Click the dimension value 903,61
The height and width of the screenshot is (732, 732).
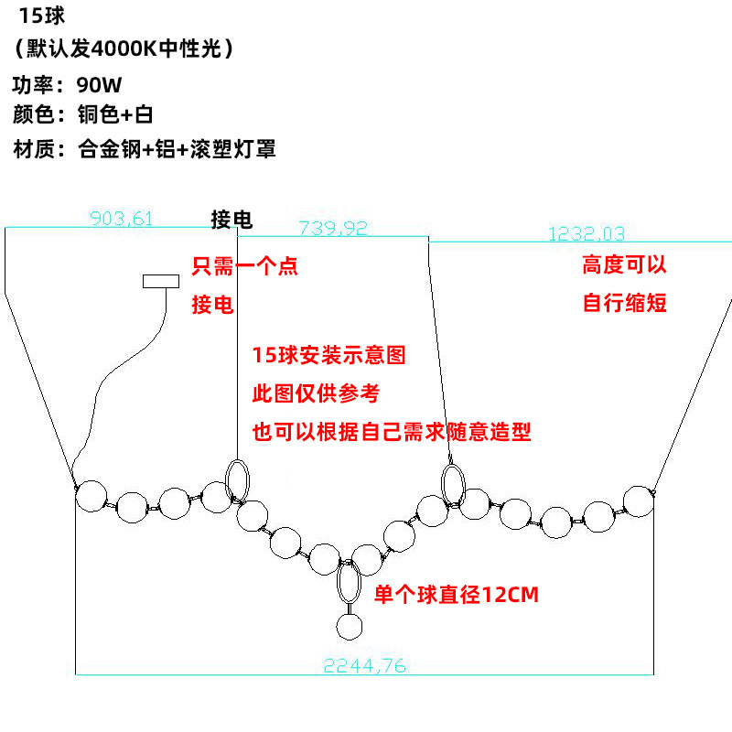[121, 218]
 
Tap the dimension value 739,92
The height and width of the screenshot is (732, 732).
[333, 228]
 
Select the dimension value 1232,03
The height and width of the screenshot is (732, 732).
[587, 233]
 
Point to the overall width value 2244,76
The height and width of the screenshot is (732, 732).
[364, 666]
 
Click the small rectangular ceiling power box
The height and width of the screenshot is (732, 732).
[161, 281]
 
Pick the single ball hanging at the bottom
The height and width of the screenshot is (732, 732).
[350, 626]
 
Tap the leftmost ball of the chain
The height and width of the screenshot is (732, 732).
[91, 496]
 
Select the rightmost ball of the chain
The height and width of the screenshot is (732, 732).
[639, 501]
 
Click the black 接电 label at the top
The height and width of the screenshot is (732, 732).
[231, 220]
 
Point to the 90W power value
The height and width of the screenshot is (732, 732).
[99, 85]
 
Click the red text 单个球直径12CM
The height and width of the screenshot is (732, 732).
[456, 594]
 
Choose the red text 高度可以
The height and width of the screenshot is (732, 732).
[624, 264]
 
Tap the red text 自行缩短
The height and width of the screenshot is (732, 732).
[624, 303]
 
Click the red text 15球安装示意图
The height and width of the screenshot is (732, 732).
[328, 355]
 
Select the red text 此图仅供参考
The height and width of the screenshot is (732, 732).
[316, 393]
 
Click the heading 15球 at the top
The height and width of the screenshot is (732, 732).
[41, 16]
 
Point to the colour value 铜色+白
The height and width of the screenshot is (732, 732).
[115, 114]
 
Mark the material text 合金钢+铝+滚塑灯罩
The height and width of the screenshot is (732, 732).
[177, 149]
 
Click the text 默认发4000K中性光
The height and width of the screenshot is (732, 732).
[124, 48]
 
